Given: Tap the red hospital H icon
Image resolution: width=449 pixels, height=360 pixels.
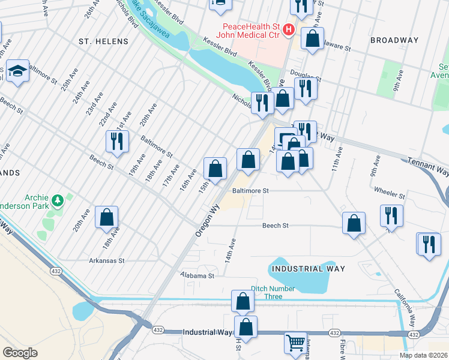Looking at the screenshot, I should [x=289, y=29].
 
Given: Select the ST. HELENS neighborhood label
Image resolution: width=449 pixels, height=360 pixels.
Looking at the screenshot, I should [x=103, y=41].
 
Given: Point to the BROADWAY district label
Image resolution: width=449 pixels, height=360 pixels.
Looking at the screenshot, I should [x=394, y=40].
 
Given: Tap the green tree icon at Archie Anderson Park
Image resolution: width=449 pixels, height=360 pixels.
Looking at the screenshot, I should [x=58, y=199].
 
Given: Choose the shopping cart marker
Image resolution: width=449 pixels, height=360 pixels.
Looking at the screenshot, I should [x=295, y=343].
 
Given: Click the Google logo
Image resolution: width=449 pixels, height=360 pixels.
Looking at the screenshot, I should [x=20, y=353].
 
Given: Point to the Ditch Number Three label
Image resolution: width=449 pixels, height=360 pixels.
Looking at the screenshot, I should [x=274, y=293].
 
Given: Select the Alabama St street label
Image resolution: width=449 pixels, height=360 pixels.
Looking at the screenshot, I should [x=197, y=275].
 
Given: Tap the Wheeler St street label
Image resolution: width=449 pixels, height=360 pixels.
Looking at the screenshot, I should [x=390, y=194].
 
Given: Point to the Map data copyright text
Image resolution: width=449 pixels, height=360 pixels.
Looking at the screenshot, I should [x=423, y=355].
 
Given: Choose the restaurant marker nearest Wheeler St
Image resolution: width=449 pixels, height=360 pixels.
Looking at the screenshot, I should [x=391, y=215].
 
